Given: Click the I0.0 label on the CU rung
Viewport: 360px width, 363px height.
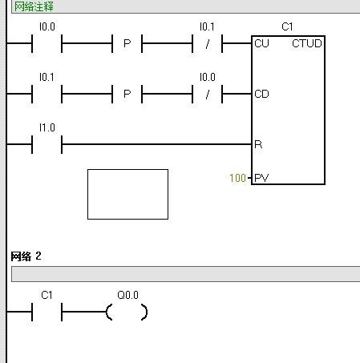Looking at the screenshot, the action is (47, 26).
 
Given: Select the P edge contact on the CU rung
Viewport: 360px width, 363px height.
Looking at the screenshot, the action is (127, 43).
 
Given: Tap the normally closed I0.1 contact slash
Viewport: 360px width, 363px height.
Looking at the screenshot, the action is (208, 43).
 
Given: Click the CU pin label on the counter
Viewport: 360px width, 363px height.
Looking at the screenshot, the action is (261, 43).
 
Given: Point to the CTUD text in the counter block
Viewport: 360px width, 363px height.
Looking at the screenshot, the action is (307, 43).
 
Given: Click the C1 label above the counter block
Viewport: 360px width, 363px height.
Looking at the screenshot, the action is (287, 26).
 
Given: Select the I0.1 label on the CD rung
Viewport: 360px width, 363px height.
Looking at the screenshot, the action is (47, 77).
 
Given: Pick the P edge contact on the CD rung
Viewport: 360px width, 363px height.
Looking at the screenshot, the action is (127, 94).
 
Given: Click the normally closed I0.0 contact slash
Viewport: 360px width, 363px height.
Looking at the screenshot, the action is (208, 94).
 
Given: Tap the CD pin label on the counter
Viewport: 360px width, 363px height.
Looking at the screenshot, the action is (261, 94).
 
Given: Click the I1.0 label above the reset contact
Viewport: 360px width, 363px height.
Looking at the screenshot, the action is (47, 127).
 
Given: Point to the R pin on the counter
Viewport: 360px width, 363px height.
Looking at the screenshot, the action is (258, 144).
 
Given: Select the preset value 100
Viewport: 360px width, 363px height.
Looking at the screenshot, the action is (237, 178).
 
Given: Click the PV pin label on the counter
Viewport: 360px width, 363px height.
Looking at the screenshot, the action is (261, 178).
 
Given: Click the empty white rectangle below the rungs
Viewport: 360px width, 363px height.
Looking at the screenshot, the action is (127, 194).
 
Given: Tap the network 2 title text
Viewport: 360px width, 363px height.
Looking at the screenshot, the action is (26, 256).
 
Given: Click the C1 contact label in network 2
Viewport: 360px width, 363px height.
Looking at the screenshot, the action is (47, 295).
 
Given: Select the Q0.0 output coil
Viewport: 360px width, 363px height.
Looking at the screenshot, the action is (127, 312).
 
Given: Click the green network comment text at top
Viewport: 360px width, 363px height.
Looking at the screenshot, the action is (34, 6).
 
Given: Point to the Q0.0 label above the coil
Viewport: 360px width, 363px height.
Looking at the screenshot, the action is (127, 295).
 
